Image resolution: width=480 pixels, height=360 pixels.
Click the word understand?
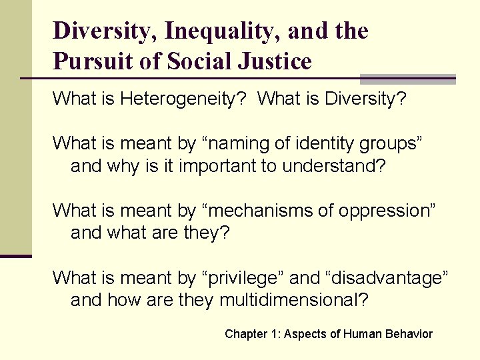[x=334, y=165]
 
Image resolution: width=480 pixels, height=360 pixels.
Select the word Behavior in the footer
[x=410, y=334]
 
